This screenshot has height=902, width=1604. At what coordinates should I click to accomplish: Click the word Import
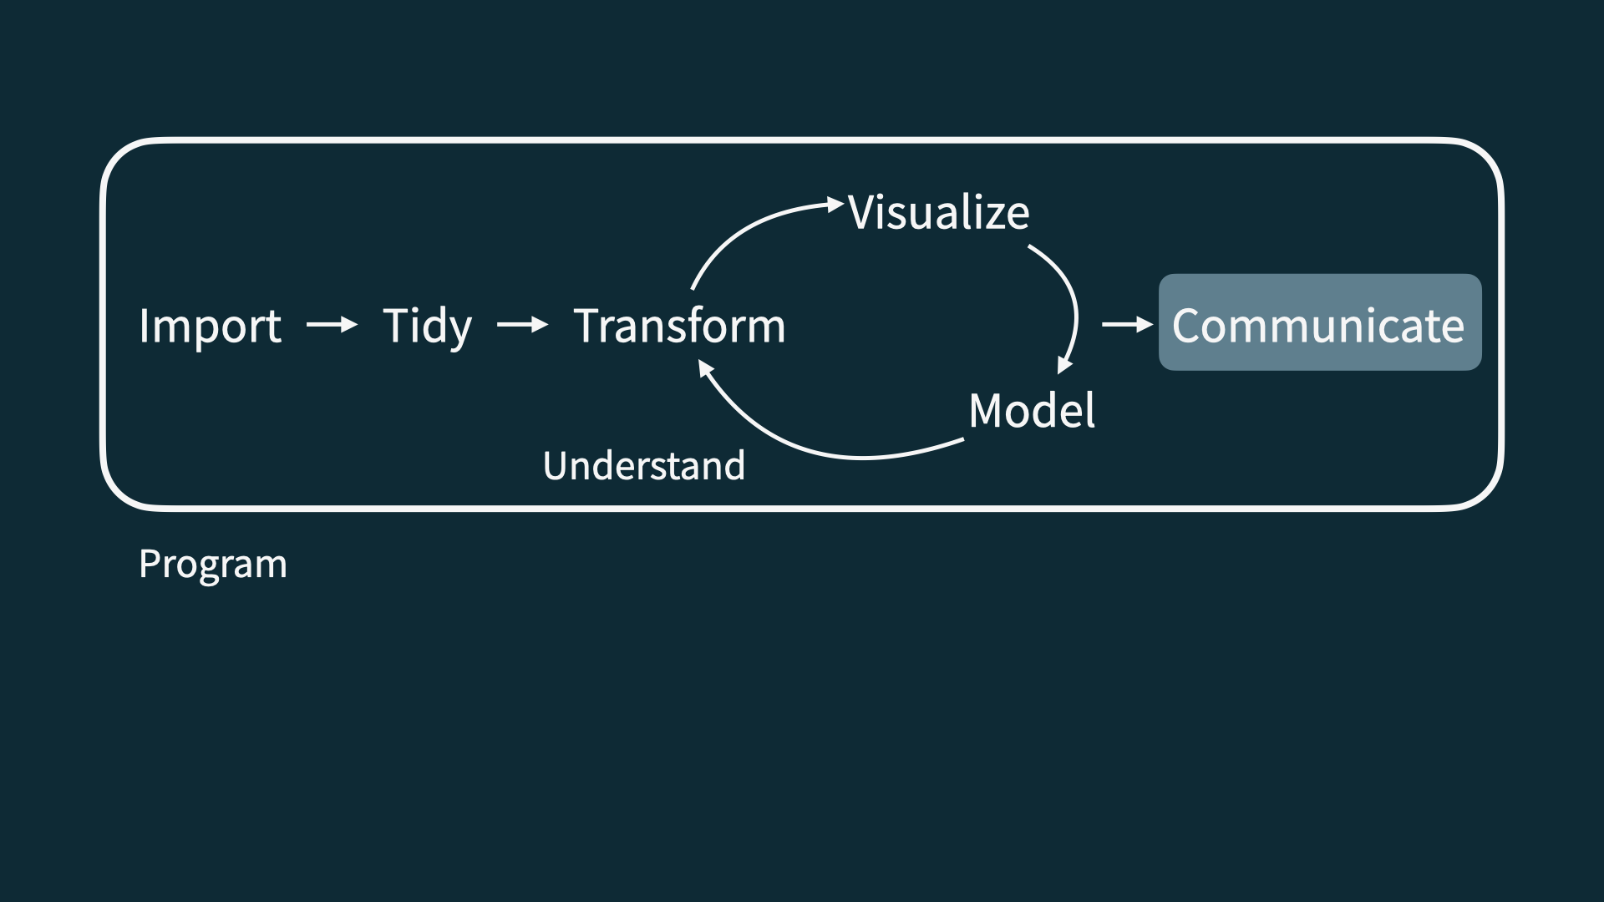point(210,326)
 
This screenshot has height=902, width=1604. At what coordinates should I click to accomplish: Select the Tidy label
point(427,326)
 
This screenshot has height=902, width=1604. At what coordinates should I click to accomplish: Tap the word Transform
point(679,326)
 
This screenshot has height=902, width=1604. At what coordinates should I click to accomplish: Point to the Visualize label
point(939,212)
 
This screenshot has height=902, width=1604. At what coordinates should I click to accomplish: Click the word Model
point(1032,410)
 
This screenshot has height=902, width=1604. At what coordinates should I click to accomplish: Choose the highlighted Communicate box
point(1319,322)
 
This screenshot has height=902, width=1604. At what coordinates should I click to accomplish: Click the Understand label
point(643,466)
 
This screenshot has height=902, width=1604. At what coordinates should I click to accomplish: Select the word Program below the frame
point(213,564)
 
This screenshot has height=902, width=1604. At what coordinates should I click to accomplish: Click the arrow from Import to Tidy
point(332,324)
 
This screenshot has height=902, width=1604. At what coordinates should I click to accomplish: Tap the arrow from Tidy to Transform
point(522,324)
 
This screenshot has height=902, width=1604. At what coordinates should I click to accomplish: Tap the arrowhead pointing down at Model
point(1063,365)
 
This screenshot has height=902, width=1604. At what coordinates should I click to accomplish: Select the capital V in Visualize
point(862,212)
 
